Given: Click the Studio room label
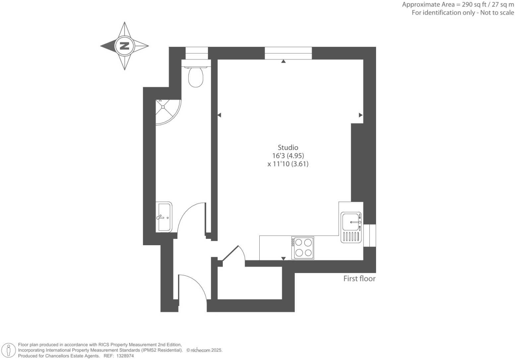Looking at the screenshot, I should (x=288, y=148).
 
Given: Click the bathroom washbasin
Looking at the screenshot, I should (x=164, y=217).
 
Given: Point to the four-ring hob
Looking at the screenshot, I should (x=302, y=248).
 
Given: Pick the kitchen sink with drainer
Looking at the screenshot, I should (x=351, y=227).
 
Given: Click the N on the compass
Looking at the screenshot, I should (x=124, y=46).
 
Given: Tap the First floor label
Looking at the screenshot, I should (x=359, y=279).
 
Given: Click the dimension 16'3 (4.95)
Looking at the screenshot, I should (x=288, y=156).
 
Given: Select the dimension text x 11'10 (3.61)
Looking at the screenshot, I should (x=288, y=164).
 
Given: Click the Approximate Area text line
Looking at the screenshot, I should (x=458, y=5).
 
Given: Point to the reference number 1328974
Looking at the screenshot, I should (x=123, y=356).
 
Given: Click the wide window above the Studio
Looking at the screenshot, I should (x=288, y=53).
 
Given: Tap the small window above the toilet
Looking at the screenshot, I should (x=196, y=53).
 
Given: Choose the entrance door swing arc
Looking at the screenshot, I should (x=197, y=285).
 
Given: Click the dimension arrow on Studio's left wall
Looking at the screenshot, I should (x=219, y=115).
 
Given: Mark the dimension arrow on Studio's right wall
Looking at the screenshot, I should (x=360, y=115).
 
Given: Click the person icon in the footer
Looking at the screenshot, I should (x=9, y=350).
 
